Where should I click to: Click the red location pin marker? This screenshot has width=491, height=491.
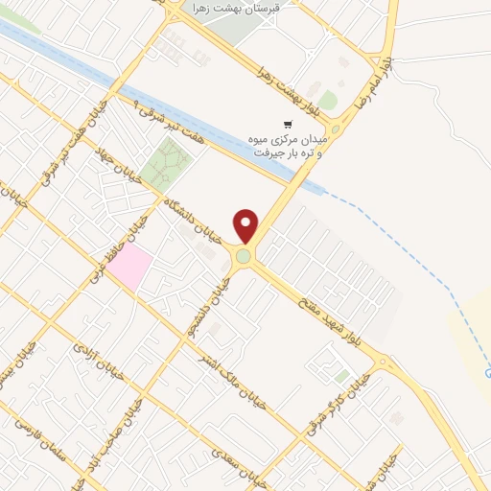tap(246, 225)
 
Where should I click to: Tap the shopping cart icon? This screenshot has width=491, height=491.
tap(287, 125)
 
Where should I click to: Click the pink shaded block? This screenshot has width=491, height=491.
tap(129, 265)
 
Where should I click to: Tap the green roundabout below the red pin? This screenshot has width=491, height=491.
tap(245, 256)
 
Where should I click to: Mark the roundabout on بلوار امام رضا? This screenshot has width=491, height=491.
tap(335, 129)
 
